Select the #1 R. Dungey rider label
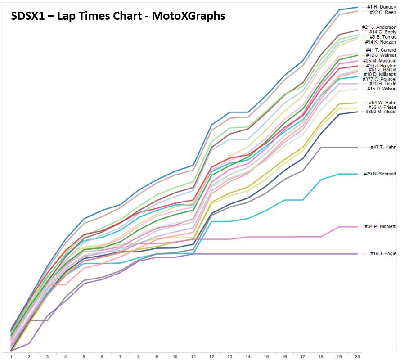(x=382, y=7)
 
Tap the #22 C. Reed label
(x=382, y=13)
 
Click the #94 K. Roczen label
(x=380, y=42)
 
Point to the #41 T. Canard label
(x=381, y=50)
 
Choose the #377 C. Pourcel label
(x=379, y=79)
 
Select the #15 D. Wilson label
(x=382, y=89)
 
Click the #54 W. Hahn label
(x=382, y=103)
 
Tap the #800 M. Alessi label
(x=380, y=112)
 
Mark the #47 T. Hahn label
(x=383, y=147)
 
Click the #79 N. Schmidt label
(x=380, y=174)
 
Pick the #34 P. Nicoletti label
(x=380, y=226)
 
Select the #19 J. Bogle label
(x=382, y=254)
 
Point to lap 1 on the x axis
(x=11, y=356)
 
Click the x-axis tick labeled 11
(x=193, y=356)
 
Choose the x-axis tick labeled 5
(x=84, y=356)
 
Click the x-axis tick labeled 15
(x=266, y=356)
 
